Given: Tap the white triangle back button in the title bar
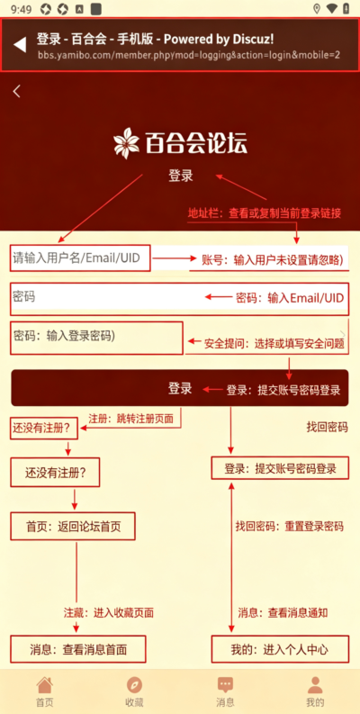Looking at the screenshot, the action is pos(19,45).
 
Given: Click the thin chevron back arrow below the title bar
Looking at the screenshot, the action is pos(17,91).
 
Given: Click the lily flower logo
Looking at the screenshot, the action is pos(127,141).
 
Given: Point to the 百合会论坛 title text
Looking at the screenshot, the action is pos(196,142).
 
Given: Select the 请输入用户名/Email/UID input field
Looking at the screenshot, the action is pos(80,258).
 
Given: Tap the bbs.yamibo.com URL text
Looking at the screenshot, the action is pos(189,56).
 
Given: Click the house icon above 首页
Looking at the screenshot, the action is pos(45,684).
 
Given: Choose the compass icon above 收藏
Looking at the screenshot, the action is pos(134,684).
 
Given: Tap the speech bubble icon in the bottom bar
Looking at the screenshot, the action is pos(225,684).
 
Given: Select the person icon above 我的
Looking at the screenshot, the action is pos(315,684).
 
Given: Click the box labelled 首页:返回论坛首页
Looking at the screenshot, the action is pos(73,527).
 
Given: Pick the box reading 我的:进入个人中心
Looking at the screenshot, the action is pos(280,649).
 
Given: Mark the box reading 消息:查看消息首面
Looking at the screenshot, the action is pos(78,649).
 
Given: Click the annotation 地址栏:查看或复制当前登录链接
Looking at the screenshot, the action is pos(265,213).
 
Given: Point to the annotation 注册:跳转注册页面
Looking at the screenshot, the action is pos(130,419).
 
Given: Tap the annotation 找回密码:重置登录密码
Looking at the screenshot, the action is pos(289,527).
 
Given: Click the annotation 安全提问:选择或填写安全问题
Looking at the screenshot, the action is pos(273,344).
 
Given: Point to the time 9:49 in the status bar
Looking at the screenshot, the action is pos(22,9).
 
